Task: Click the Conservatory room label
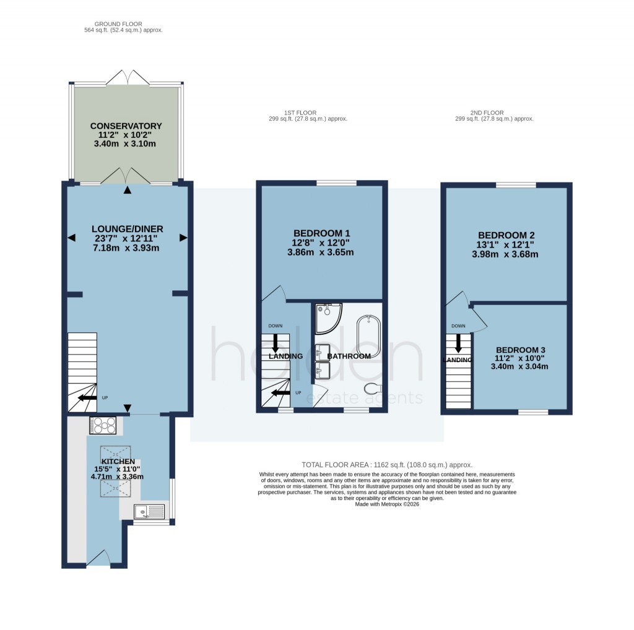point(126,126)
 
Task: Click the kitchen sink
point(149,511)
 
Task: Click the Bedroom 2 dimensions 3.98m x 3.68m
point(505,254)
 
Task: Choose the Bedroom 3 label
point(522,348)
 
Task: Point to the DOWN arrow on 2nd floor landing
point(459,342)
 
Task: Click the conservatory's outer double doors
point(127,78)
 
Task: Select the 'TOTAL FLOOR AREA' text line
point(387,464)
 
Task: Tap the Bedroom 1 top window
point(336,183)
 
